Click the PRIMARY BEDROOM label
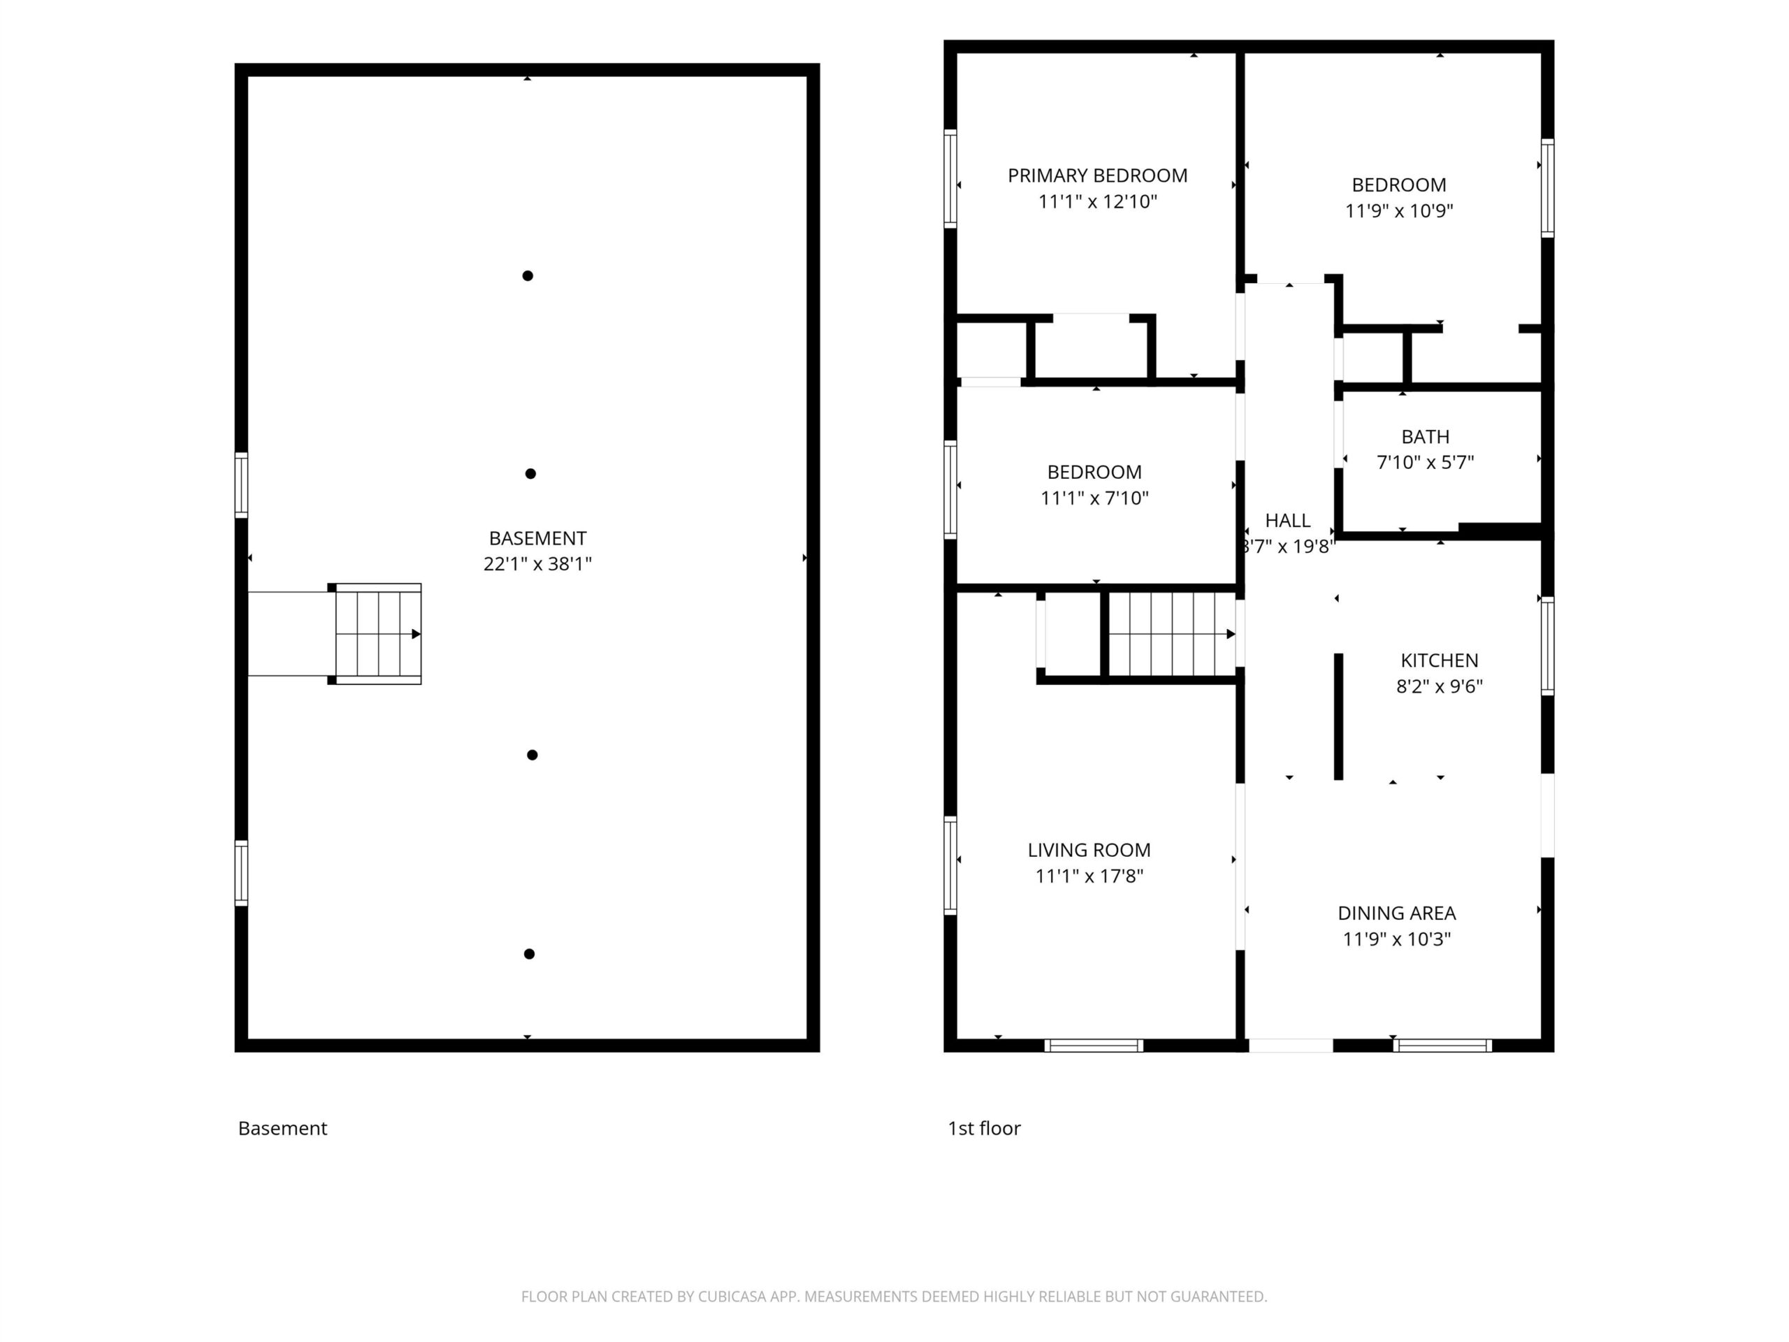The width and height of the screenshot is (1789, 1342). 1097,175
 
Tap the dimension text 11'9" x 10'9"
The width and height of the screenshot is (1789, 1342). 1399,211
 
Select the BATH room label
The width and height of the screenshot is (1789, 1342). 1425,437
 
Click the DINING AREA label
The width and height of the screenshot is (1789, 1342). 1397,914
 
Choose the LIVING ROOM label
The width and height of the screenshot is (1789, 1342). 1089,850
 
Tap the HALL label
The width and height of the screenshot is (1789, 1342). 1287,521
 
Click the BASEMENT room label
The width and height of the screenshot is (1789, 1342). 538,539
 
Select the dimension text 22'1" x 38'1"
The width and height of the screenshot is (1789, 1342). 538,565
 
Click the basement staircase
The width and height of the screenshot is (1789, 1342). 377,634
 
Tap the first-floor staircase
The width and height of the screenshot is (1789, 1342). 1172,634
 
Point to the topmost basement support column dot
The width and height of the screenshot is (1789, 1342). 528,276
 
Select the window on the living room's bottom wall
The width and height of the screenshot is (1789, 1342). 1094,1046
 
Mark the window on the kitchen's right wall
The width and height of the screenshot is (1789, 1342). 1547,647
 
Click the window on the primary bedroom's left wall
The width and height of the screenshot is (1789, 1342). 950,179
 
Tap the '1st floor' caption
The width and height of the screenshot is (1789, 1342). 984,1128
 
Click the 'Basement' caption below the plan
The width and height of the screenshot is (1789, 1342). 282,1128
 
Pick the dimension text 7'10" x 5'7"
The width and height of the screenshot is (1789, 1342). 1425,463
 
